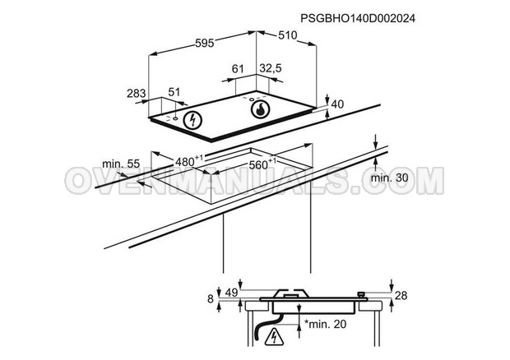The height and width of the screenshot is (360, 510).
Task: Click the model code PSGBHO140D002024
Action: [x=358, y=19]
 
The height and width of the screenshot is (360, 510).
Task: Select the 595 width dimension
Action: [x=205, y=43]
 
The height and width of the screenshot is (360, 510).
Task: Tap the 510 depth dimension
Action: [x=288, y=35]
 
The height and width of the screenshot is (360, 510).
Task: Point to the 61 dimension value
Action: [x=238, y=69]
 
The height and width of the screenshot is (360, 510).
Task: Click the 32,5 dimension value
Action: [x=271, y=68]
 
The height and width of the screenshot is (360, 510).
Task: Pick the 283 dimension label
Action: [x=137, y=94]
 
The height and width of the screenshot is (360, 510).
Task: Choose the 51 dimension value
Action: [x=174, y=92]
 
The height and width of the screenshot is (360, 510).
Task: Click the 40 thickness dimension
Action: [x=337, y=104]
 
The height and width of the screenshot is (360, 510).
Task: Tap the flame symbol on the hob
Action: [x=260, y=110]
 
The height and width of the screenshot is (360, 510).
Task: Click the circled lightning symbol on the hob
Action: [x=192, y=121]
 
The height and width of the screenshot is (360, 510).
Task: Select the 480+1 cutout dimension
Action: [x=189, y=161]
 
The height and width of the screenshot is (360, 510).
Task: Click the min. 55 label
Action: [x=121, y=164]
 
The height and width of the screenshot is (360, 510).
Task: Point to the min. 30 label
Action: [x=390, y=178]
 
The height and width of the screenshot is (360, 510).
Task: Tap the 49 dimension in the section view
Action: [x=232, y=293]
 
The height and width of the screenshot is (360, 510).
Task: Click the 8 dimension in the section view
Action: [x=211, y=299]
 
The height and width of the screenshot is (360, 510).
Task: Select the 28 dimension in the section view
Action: [x=401, y=295]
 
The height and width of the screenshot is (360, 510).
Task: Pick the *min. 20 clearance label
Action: [x=326, y=324]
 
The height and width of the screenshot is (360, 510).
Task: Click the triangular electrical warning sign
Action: [x=274, y=337]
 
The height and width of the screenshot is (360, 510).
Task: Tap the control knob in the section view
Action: [x=361, y=295]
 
